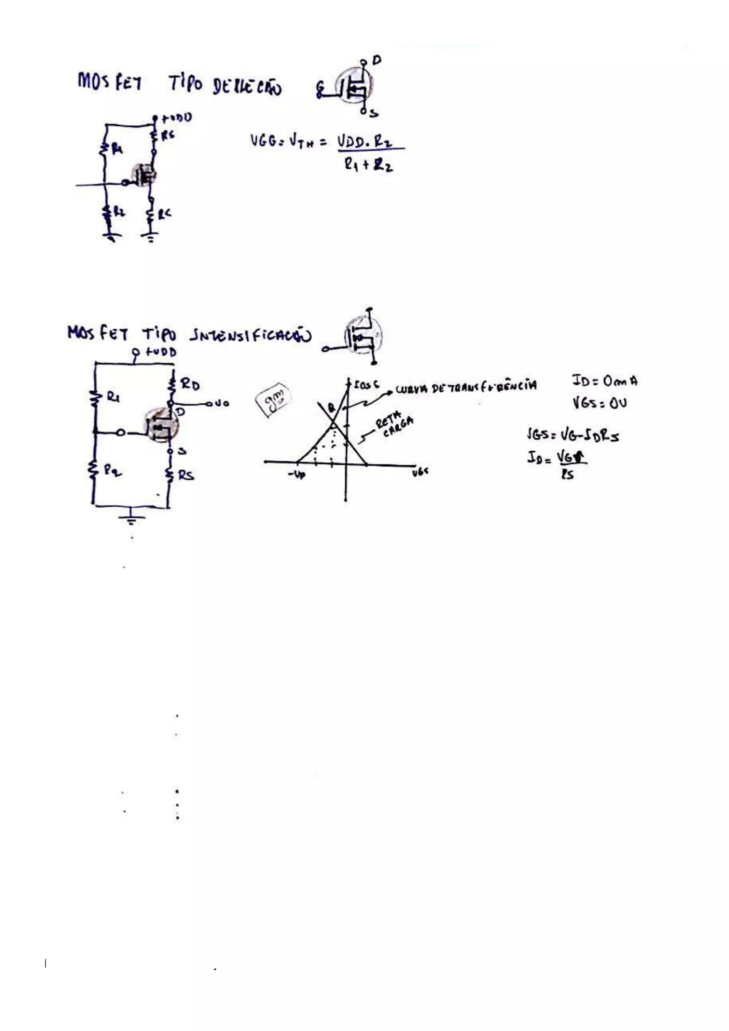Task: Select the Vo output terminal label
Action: click(222, 404)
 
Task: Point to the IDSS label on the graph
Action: click(366, 385)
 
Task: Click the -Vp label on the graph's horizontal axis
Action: click(296, 474)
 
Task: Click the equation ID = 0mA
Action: click(604, 381)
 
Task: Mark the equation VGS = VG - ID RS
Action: click(573, 435)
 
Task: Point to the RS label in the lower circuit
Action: click(186, 475)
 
